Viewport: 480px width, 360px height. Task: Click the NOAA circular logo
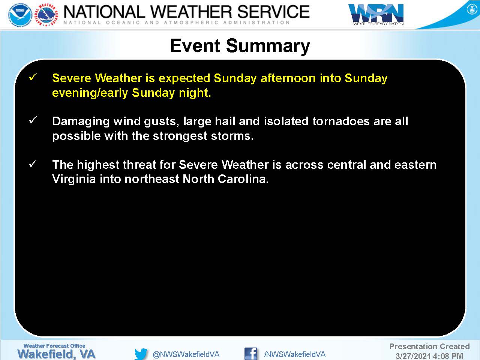[x=20, y=15]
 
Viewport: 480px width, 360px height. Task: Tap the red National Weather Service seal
[x=47, y=15]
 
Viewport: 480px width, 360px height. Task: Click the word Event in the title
[x=195, y=46]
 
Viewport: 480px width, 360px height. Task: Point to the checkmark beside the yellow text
[x=33, y=77]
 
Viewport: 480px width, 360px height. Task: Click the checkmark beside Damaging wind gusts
[x=33, y=120]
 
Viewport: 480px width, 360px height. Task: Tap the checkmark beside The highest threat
[x=33, y=163]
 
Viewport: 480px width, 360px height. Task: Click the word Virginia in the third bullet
[x=74, y=180]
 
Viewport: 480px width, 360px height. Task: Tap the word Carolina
[x=243, y=179]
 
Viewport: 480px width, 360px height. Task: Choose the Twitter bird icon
[x=141, y=354]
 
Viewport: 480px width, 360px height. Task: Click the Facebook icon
[x=250, y=354]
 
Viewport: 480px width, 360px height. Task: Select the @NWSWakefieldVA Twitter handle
[x=186, y=354]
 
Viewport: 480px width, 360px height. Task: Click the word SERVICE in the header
[x=273, y=12]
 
